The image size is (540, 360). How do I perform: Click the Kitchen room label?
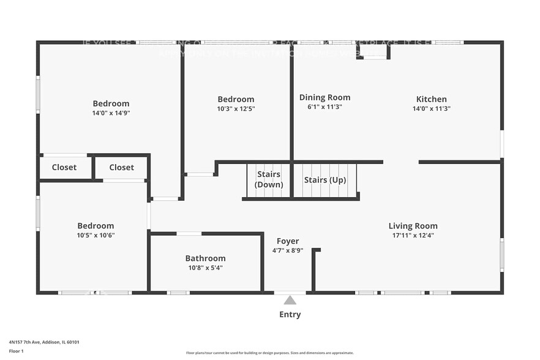pyautogui.click(x=431, y=99)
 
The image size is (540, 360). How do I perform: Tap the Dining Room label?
pyautogui.click(x=324, y=97)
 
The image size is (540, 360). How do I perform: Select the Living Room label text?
pyautogui.click(x=413, y=226)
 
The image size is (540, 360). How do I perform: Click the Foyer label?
pyautogui.click(x=287, y=241)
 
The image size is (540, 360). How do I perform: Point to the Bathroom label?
pyautogui.click(x=205, y=258)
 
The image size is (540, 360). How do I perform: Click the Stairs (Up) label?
pyautogui.click(x=325, y=180)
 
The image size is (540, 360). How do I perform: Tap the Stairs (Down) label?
pyautogui.click(x=269, y=179)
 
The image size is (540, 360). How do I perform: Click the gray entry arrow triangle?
pyautogui.click(x=290, y=300)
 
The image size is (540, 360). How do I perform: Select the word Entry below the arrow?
pyautogui.click(x=290, y=315)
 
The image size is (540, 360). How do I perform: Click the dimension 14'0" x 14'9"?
pyautogui.click(x=111, y=113)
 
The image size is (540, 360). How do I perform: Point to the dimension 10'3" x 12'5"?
pyautogui.click(x=236, y=109)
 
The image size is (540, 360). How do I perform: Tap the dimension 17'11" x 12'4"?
pyautogui.click(x=413, y=236)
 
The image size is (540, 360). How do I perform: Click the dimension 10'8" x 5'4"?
pyautogui.click(x=205, y=268)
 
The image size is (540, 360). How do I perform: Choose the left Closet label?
pyautogui.click(x=64, y=167)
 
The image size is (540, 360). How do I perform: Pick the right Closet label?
pyautogui.click(x=121, y=167)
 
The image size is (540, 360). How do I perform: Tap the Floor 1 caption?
pyautogui.click(x=16, y=351)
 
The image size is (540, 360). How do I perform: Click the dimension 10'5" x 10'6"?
pyautogui.click(x=96, y=236)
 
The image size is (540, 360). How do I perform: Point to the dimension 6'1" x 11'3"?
pyautogui.click(x=324, y=107)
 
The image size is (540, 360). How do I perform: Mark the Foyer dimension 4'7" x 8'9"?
pyautogui.click(x=287, y=250)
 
